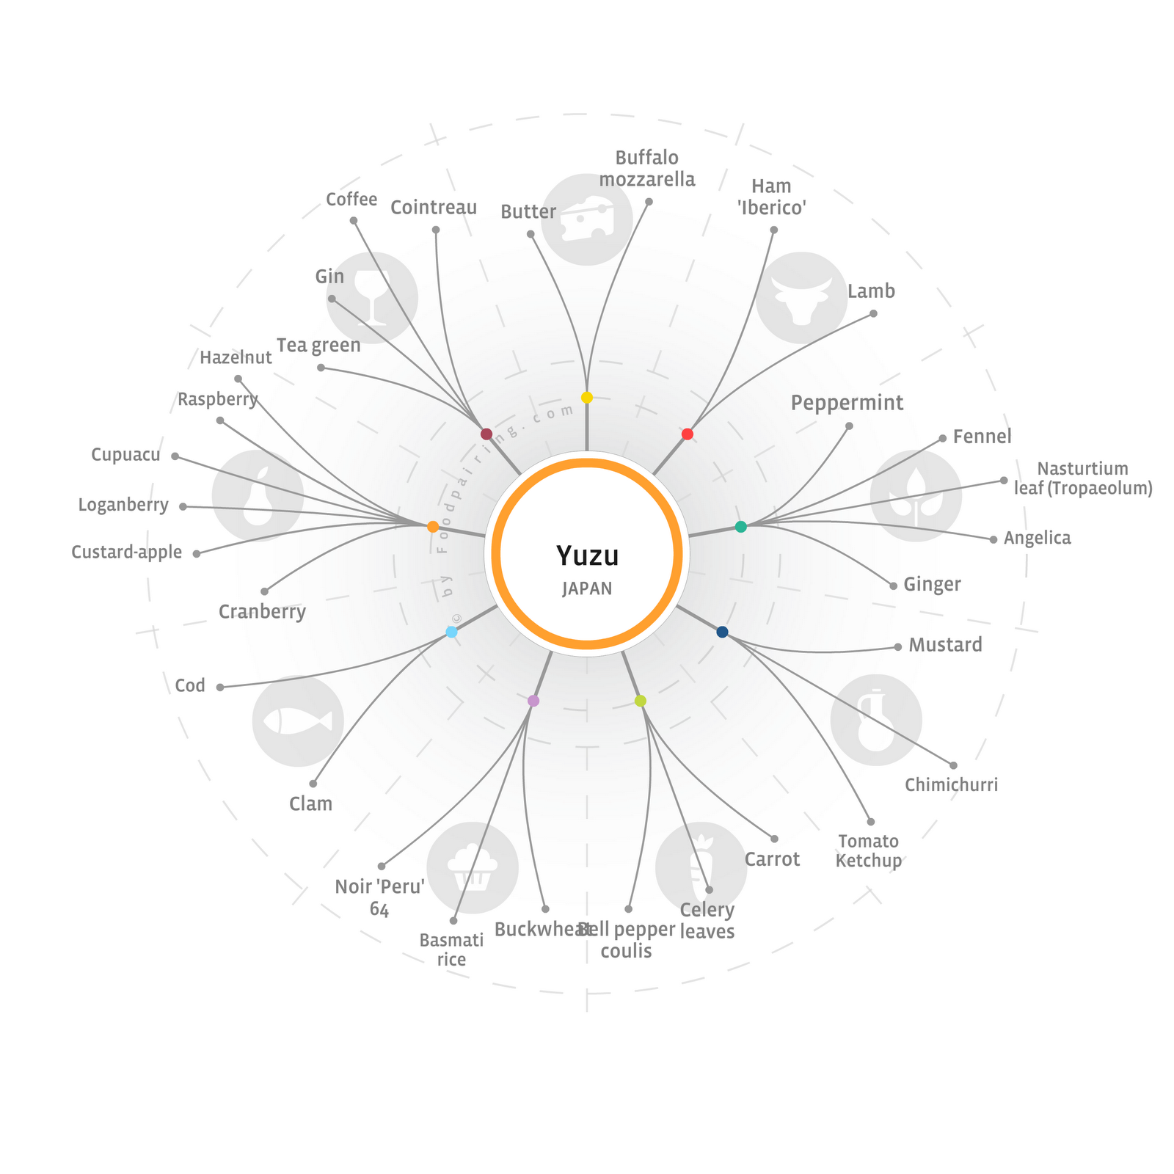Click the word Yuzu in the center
tap(587, 556)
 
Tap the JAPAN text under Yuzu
tap(587, 588)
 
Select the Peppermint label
tap(847, 403)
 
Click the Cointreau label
tap(434, 208)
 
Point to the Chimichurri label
tap(951, 785)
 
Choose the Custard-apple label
tap(126, 552)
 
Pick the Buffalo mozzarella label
tap(646, 169)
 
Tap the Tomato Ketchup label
tap(869, 851)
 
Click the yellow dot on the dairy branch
tap(587, 398)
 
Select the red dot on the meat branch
tap(688, 434)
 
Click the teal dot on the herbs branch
tap(741, 526)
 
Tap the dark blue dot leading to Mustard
tap(723, 632)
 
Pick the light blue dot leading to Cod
tap(452, 632)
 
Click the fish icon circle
tap(298, 721)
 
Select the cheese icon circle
tap(587, 219)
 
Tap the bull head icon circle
tap(801, 298)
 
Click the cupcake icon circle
tap(473, 867)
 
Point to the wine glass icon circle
tap(372, 298)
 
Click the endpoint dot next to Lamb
tap(873, 314)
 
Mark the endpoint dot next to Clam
tap(313, 784)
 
